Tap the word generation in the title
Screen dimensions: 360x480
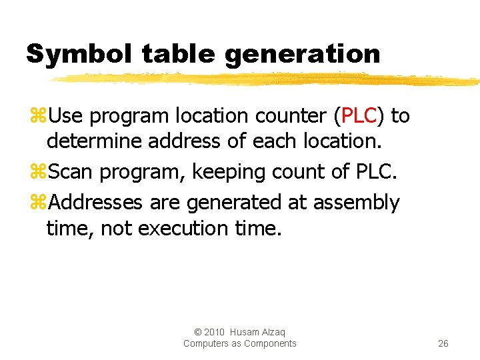click(303, 54)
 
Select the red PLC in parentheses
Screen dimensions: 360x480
click(359, 116)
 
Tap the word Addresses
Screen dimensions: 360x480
click(97, 202)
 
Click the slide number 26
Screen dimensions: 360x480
click(443, 343)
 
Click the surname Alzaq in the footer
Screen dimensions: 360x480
click(274, 332)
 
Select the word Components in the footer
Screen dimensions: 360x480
click(270, 343)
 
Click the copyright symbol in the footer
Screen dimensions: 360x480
click(197, 332)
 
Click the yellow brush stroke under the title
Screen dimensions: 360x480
click(267, 79)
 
